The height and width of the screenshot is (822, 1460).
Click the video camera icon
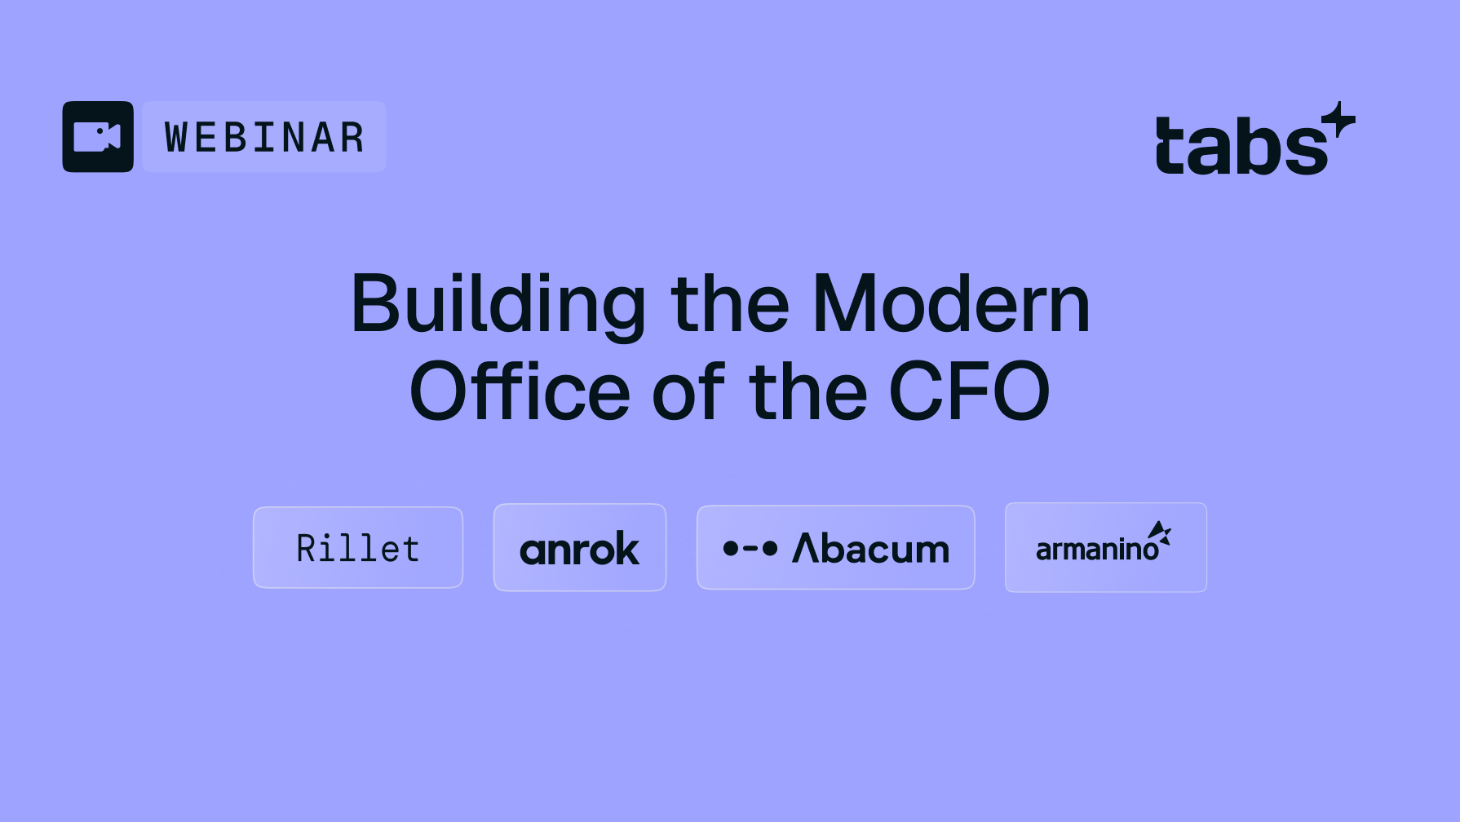click(98, 136)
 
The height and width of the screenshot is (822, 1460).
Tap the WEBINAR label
click(264, 137)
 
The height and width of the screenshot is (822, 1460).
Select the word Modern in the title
click(951, 304)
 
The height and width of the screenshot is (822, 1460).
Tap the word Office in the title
click(520, 392)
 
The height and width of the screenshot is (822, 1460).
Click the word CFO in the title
click(969, 392)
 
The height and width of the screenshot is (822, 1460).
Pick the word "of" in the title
click(688, 392)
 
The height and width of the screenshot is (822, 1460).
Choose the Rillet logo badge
click(358, 548)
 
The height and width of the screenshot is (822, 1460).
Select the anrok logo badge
click(580, 548)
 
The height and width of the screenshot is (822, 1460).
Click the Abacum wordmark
click(871, 549)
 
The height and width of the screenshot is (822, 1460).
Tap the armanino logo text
click(1096, 550)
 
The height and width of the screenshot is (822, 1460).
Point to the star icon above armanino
click(1160, 533)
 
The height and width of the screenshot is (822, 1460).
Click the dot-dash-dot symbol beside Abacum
click(750, 549)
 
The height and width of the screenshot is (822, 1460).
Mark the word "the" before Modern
click(730, 304)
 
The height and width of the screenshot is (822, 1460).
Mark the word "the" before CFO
click(807, 392)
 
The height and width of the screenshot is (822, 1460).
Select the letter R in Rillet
click(306, 548)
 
